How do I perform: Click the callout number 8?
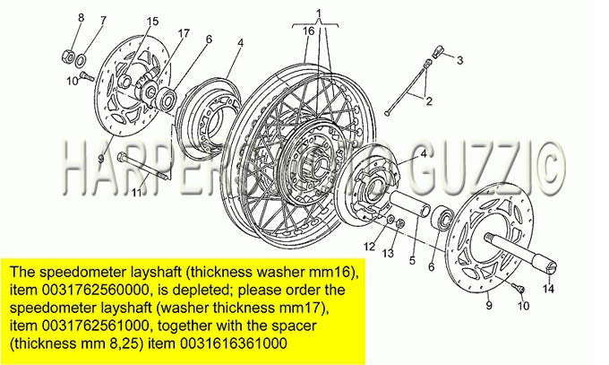[81, 18]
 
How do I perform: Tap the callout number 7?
[102, 21]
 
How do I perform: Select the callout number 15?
[152, 22]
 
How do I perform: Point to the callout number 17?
[184, 33]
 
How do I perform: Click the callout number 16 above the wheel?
[308, 31]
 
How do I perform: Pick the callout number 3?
[459, 60]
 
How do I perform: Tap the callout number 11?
[136, 192]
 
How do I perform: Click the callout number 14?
[549, 289]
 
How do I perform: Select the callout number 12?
[369, 247]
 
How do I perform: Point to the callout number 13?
[388, 253]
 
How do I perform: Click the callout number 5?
[412, 260]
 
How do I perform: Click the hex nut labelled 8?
[68, 56]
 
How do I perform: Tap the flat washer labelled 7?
[81, 60]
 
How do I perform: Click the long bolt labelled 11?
[143, 167]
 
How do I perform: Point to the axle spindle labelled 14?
[521, 251]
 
